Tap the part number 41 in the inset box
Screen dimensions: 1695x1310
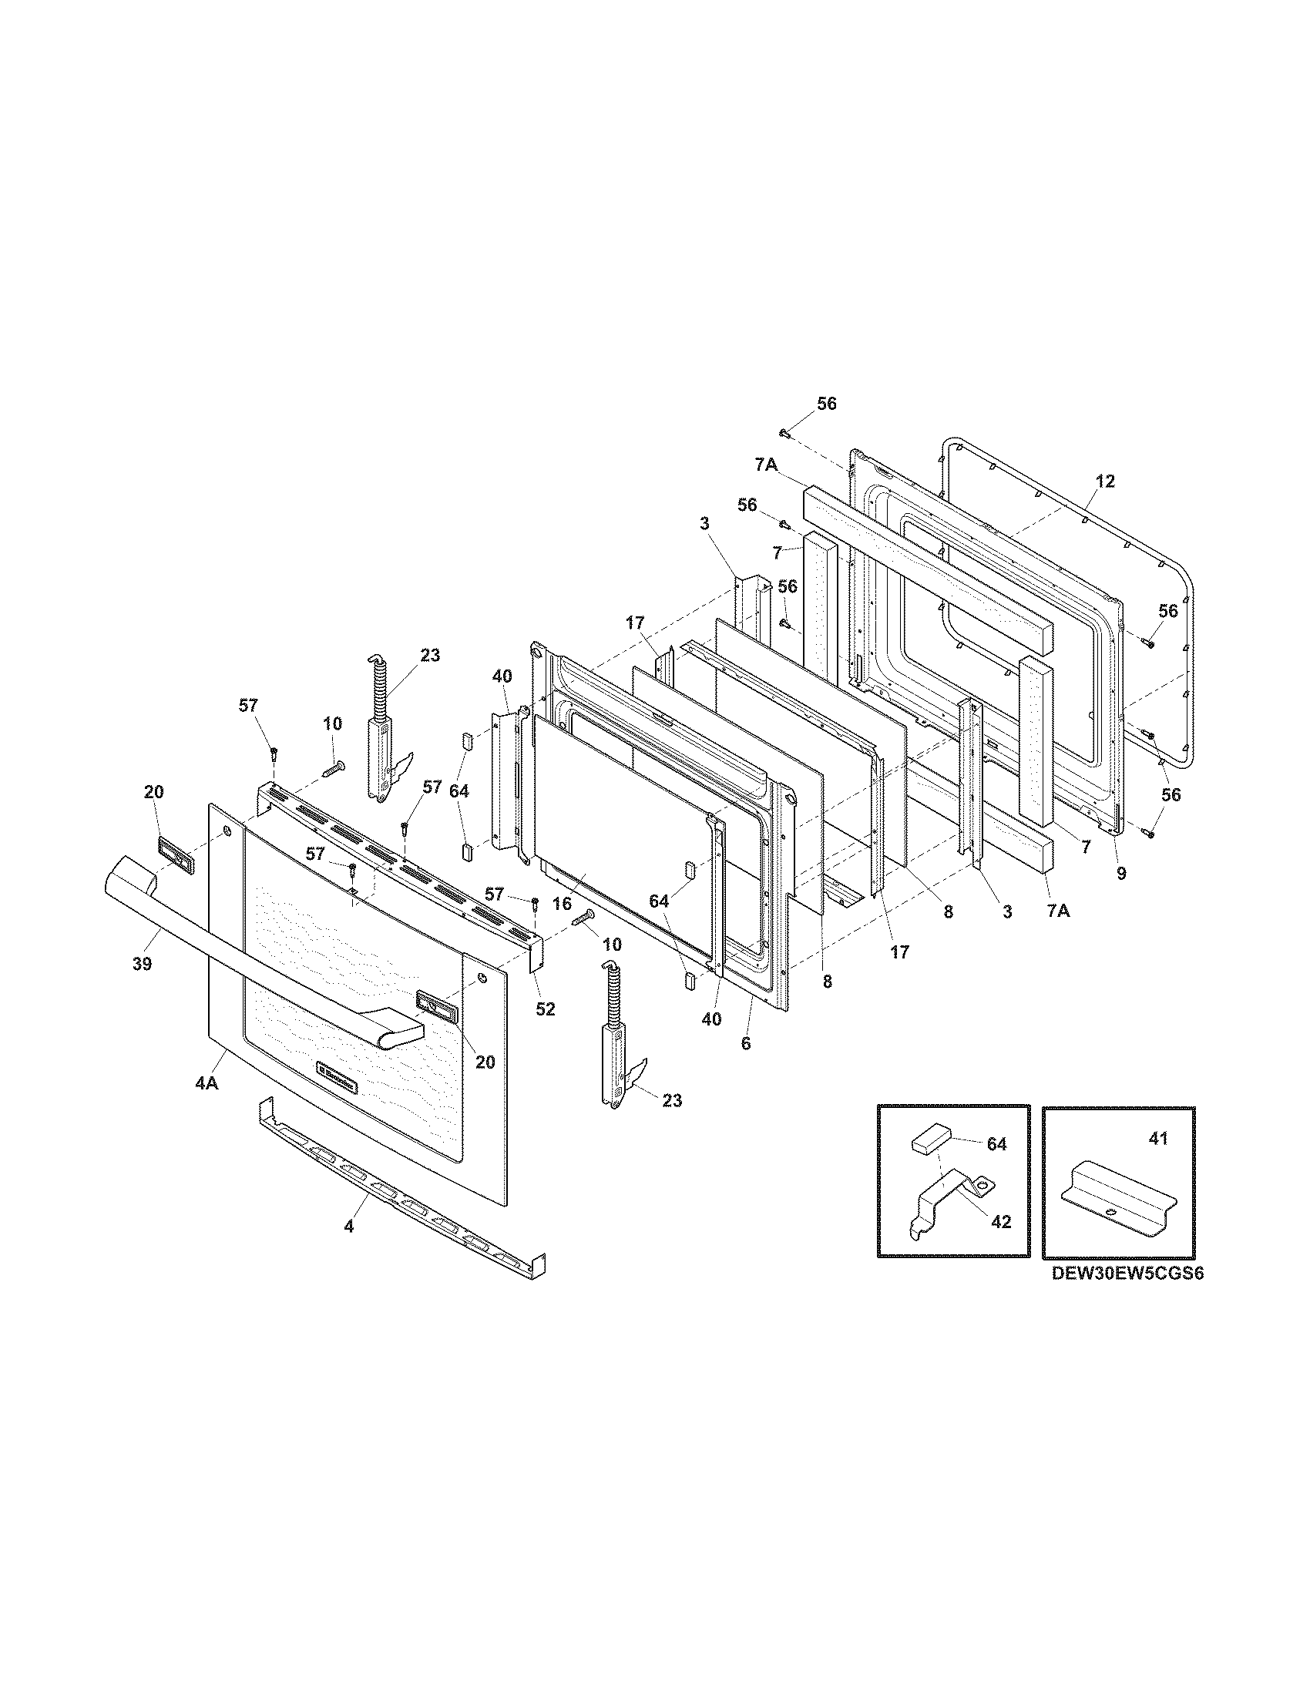pyautogui.click(x=1157, y=1140)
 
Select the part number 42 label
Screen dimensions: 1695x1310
pyautogui.click(x=1002, y=1222)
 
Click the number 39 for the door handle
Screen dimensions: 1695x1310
pyautogui.click(x=141, y=964)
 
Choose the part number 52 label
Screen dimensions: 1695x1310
pyautogui.click(x=546, y=1009)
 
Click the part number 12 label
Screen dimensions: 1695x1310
pyautogui.click(x=1105, y=482)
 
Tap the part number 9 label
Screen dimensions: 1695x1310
pyautogui.click(x=1120, y=873)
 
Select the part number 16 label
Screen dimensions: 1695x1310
pyautogui.click(x=562, y=904)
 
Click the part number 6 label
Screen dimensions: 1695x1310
pyautogui.click(x=746, y=1044)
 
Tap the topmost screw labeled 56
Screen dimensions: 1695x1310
pyautogui.click(x=784, y=433)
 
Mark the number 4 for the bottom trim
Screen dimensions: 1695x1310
pyautogui.click(x=348, y=1227)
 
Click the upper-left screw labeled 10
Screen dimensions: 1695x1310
pyautogui.click(x=332, y=769)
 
